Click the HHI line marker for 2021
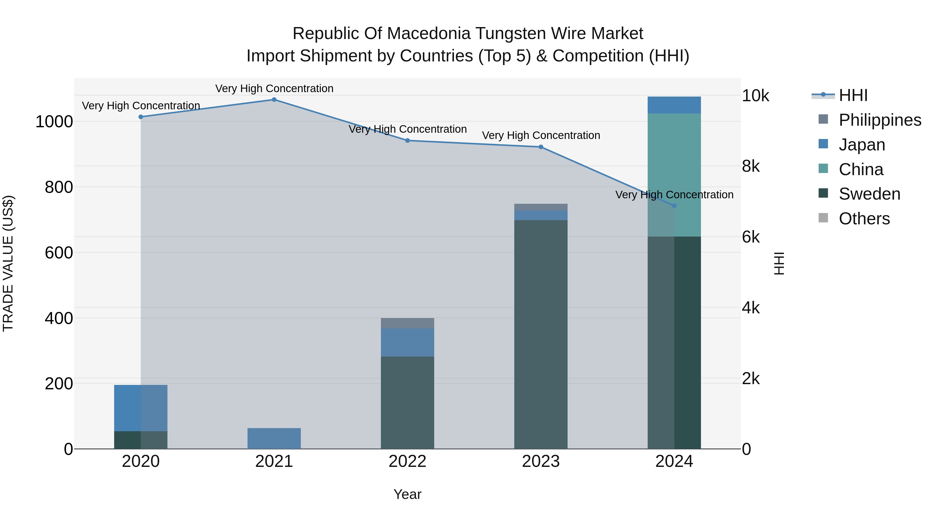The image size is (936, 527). point(274,100)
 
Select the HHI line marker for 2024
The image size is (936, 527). point(674,206)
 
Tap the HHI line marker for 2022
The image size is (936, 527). point(407,140)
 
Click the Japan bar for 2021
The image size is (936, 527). point(274,438)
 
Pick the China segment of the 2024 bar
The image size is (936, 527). point(674,175)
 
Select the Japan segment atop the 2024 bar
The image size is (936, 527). point(674,105)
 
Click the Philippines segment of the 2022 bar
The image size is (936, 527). point(407,323)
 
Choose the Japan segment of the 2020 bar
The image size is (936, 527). point(141,408)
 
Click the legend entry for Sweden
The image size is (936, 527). point(869,194)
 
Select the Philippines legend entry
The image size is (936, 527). point(879,120)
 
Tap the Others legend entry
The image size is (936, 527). point(864,219)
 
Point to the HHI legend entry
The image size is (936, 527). point(853,95)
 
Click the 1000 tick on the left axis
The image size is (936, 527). point(54,122)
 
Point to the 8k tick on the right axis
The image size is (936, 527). point(751,166)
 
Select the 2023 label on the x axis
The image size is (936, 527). point(541,461)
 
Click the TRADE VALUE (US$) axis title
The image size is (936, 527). point(8,263)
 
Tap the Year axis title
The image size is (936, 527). point(407,494)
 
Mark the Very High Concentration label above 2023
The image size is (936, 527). point(541,135)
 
